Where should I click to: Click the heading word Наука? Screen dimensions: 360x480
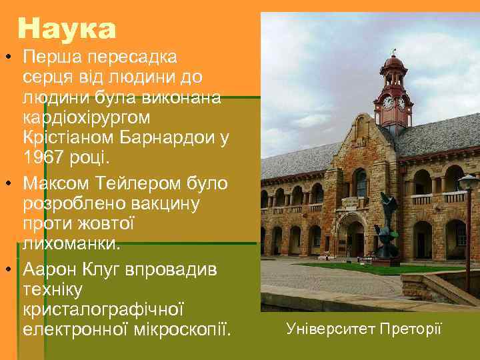pos(67,29)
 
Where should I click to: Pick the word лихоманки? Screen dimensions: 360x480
pos(72,244)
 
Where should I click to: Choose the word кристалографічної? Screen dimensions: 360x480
pos(103,309)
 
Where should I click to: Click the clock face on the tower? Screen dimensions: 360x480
pos(388,103)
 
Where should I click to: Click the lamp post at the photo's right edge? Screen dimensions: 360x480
pos(469,227)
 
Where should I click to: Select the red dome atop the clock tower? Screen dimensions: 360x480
pos(394,64)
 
